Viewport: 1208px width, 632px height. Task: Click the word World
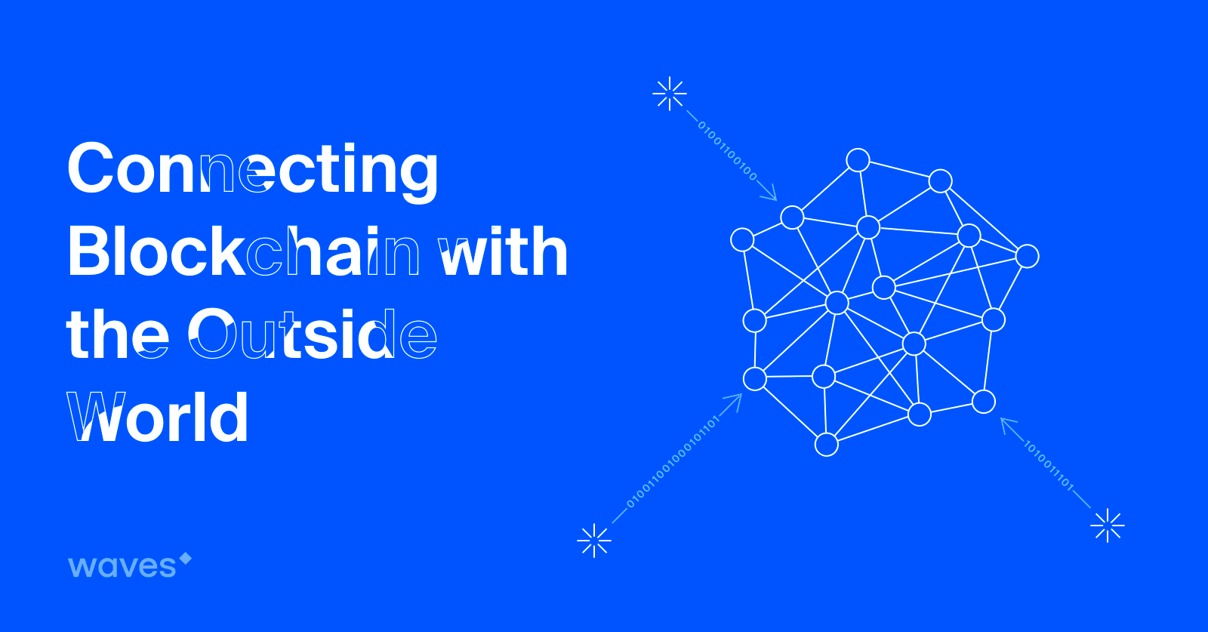point(158,416)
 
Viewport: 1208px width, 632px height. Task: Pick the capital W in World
point(96,416)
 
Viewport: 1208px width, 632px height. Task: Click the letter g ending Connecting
point(416,178)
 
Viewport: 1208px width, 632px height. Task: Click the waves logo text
point(122,566)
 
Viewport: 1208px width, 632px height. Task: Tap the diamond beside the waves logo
point(186,559)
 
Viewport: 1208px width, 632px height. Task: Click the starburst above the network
point(670,94)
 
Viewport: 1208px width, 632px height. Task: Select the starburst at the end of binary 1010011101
point(1107,526)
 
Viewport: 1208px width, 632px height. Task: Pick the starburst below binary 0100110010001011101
point(593,541)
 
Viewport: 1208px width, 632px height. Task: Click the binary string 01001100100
point(728,152)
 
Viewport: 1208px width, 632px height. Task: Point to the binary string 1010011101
point(1049,466)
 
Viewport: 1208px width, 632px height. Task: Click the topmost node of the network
point(858,160)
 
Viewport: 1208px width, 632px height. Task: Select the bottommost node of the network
point(826,445)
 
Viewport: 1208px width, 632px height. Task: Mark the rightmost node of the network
point(1028,256)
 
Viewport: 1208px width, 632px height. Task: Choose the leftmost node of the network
point(742,240)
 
